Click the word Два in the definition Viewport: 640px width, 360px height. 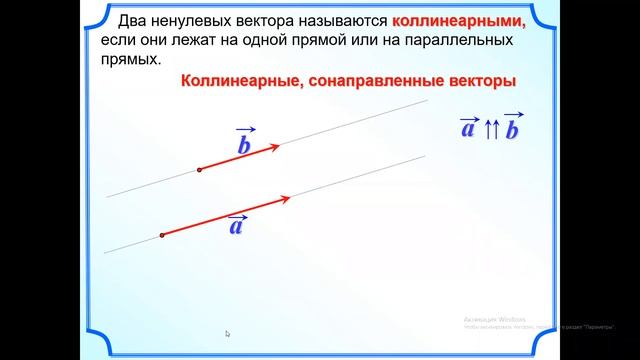(x=134, y=21)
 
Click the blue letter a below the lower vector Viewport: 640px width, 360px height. (x=237, y=227)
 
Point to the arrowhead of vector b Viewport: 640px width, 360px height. (x=275, y=147)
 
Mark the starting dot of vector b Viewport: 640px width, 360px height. (x=200, y=170)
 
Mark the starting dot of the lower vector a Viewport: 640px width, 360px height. (x=161, y=236)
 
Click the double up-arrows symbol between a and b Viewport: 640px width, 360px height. (x=491, y=131)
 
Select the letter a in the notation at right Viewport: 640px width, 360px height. (x=467, y=129)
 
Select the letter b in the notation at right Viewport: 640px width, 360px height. (x=513, y=131)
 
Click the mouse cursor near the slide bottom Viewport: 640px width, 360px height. (x=228, y=334)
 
